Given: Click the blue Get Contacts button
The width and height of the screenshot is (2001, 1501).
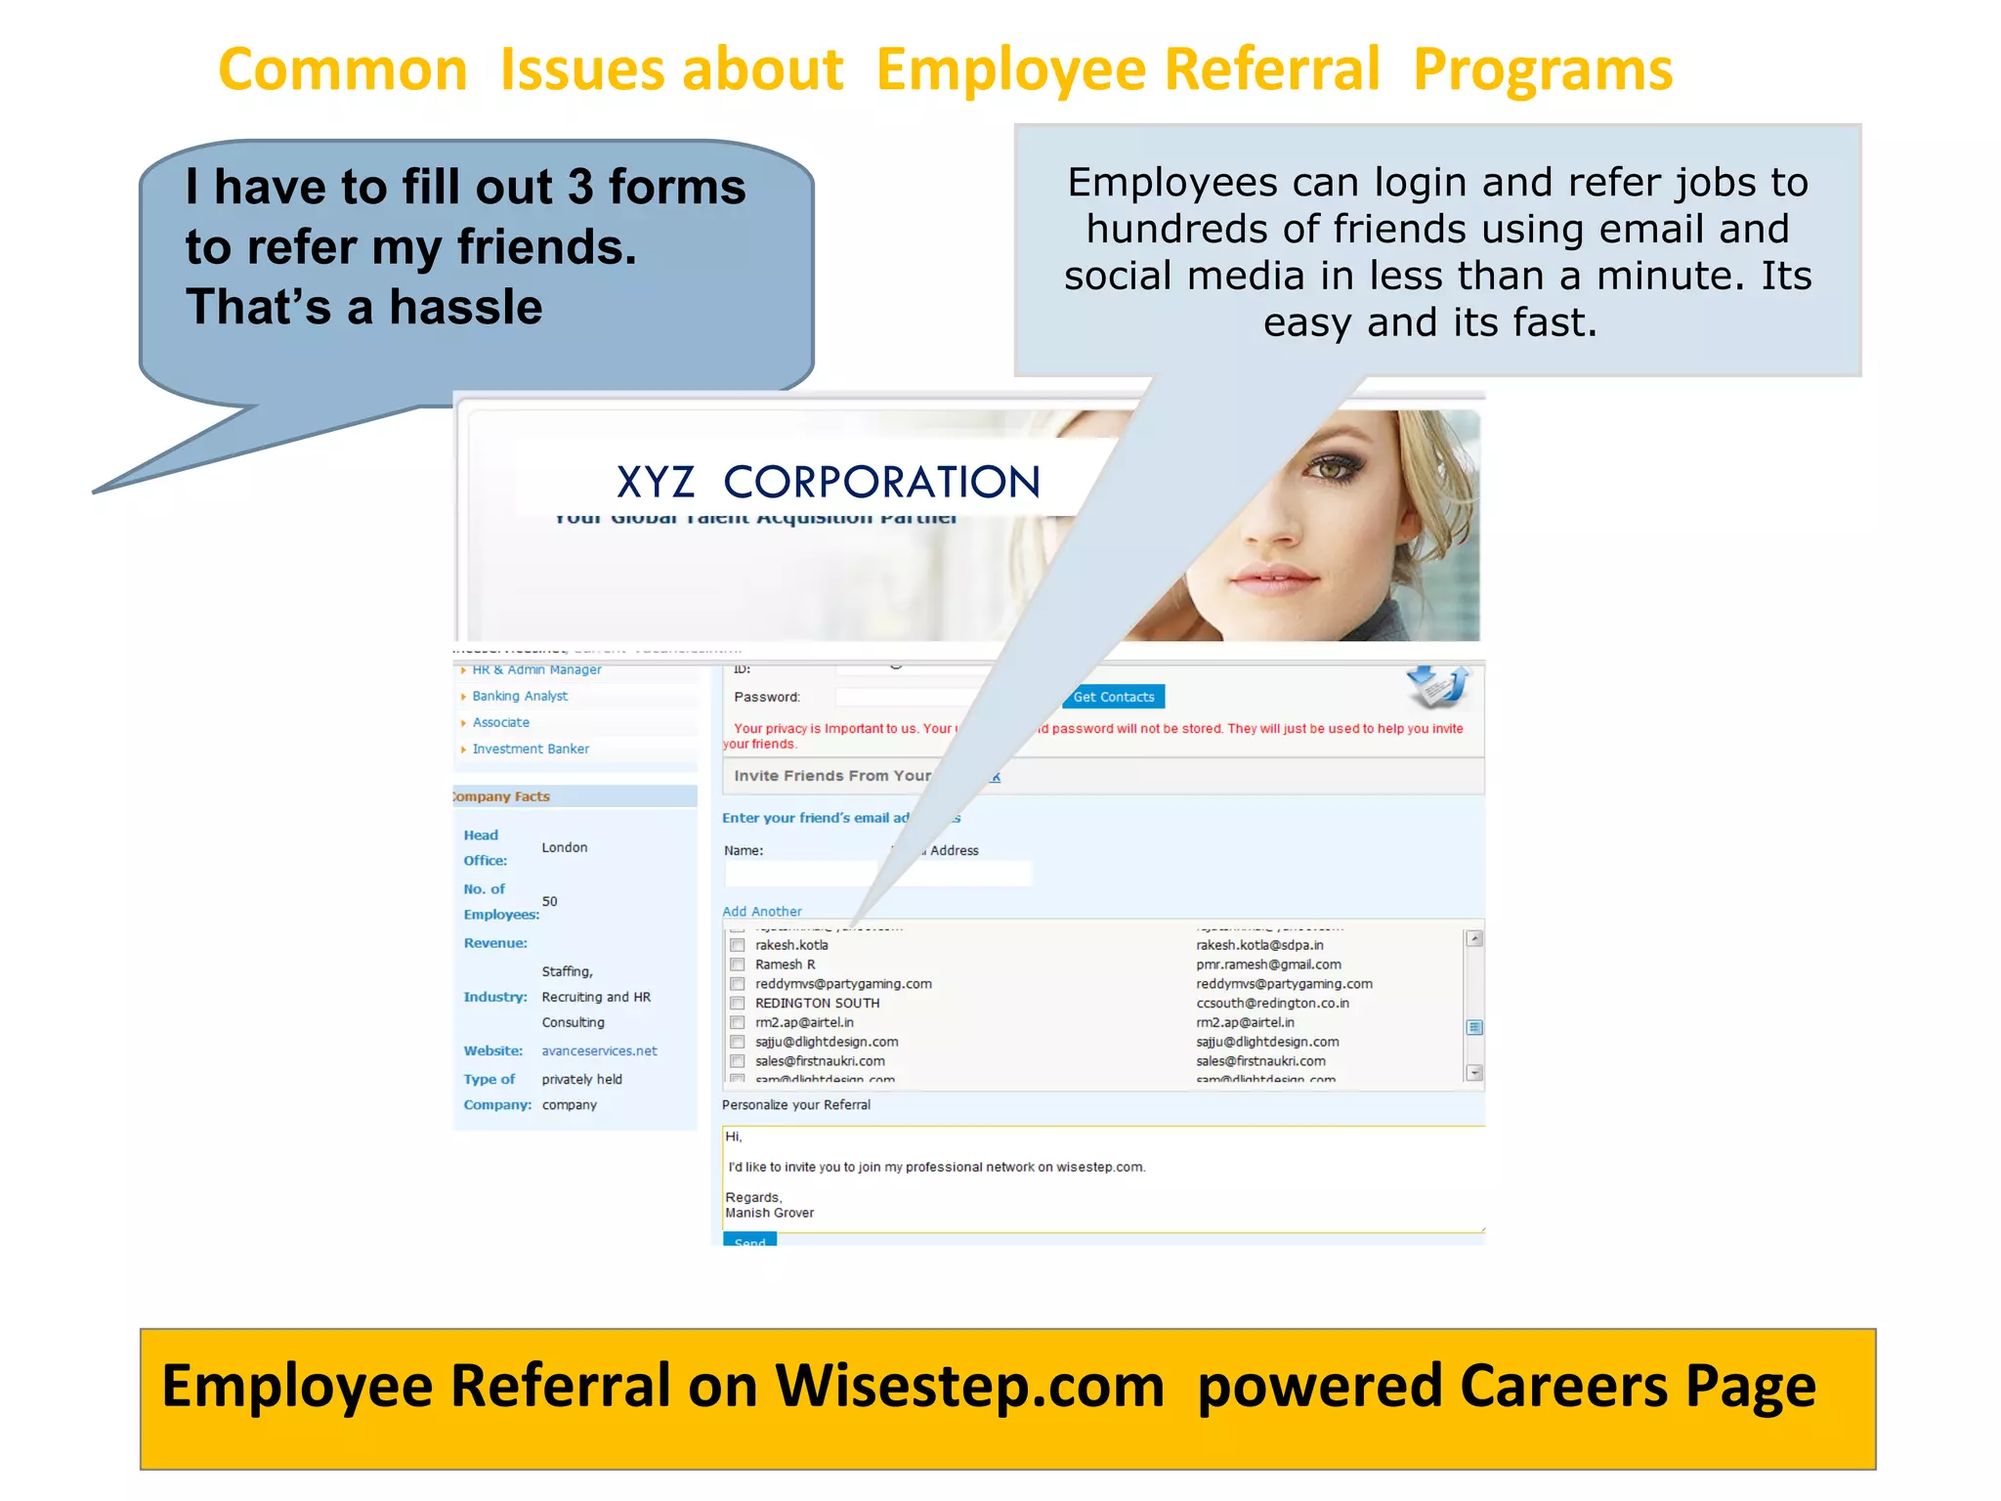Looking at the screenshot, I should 1113,697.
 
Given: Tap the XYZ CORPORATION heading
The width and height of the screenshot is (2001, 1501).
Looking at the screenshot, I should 828,483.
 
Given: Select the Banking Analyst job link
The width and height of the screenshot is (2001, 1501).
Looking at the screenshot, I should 519,696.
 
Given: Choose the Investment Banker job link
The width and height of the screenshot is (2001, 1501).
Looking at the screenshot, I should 531,749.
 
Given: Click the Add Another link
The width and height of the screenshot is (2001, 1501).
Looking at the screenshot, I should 761,911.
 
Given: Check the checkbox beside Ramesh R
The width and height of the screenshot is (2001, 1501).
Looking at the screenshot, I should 738,965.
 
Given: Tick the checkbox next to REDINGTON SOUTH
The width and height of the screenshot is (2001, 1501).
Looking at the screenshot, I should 738,1004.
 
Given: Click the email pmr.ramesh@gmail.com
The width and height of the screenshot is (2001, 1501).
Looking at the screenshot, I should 1268,965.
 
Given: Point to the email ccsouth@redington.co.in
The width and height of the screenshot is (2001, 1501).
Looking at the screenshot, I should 1272,1004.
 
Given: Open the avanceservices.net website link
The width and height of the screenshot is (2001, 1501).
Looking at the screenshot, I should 599,1051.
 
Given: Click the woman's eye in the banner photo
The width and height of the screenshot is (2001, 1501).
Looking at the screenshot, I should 1332,470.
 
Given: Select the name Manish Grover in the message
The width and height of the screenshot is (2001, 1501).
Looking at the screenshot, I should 769,1213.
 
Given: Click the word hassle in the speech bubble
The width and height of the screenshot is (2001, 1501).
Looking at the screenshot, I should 466,308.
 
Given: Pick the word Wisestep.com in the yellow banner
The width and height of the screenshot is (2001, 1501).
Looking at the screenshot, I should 969,1387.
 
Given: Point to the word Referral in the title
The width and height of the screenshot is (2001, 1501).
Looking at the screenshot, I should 1274,70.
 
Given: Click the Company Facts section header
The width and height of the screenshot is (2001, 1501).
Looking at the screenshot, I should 503,796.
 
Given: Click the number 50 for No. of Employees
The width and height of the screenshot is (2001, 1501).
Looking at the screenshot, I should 550,901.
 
